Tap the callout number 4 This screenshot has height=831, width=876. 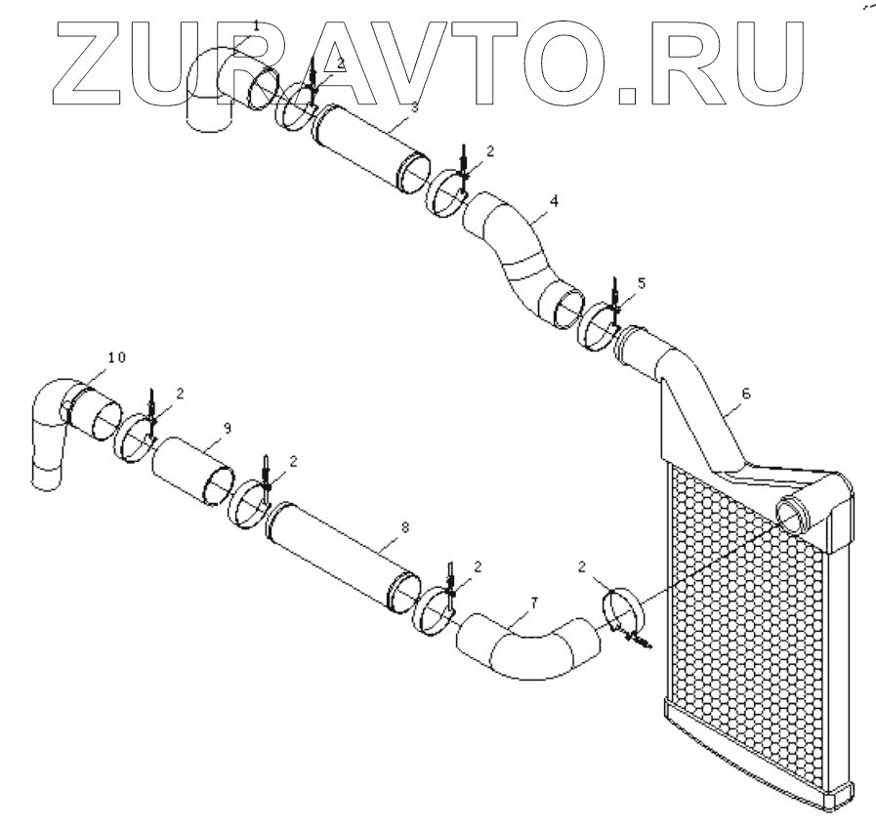point(554,202)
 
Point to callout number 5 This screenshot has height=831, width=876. point(641,283)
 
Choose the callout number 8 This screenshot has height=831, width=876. point(405,526)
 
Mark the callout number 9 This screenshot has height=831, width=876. point(227,426)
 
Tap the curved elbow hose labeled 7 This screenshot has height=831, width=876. point(527,649)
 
